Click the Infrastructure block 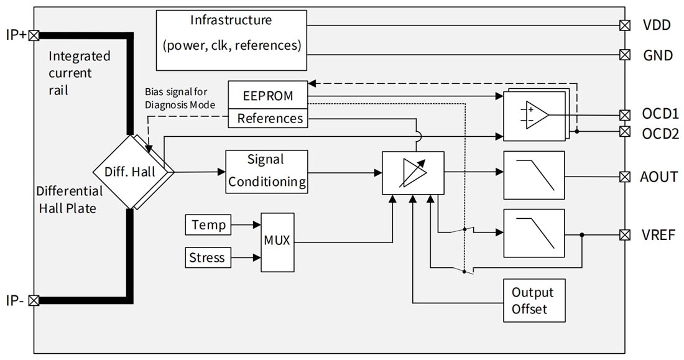(231, 40)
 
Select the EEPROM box (267, 97)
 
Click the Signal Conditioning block (267, 171)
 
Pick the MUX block (277, 241)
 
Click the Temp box (208, 224)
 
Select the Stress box (207, 257)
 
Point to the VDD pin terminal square (625, 25)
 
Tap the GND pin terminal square (625, 55)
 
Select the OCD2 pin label (660, 132)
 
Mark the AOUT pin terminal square (625, 177)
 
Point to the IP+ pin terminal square (34, 35)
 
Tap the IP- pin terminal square (34, 300)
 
